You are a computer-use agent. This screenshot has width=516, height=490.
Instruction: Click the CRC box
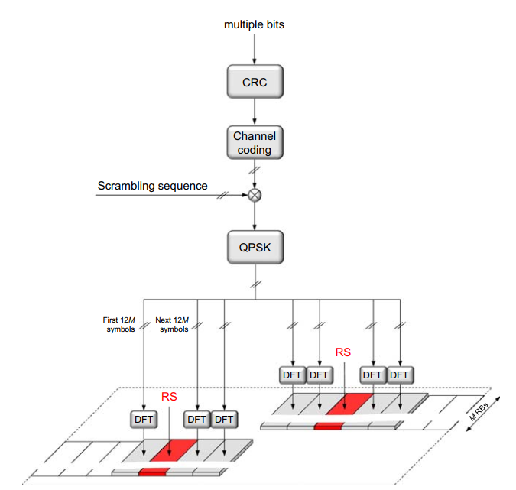[255, 82]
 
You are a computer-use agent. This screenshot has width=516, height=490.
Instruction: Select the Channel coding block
[255, 143]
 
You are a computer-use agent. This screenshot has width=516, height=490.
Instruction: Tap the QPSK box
[255, 247]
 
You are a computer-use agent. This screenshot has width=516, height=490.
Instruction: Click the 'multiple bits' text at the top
[255, 24]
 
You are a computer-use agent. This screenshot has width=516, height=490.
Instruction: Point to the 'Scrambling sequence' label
[152, 186]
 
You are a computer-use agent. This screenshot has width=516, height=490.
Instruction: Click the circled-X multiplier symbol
[255, 195]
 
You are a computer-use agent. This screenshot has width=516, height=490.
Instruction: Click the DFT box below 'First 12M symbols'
[144, 419]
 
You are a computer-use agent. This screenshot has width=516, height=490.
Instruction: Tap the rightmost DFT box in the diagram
[399, 375]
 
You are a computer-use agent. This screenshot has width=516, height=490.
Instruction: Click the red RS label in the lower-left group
[169, 397]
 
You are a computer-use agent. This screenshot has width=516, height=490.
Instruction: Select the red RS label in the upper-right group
[344, 352]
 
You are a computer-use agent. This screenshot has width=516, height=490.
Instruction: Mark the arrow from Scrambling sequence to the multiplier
[176, 195]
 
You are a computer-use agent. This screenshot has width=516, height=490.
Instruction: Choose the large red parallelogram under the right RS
[348, 404]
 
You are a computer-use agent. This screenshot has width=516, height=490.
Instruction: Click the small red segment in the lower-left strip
[153, 472]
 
